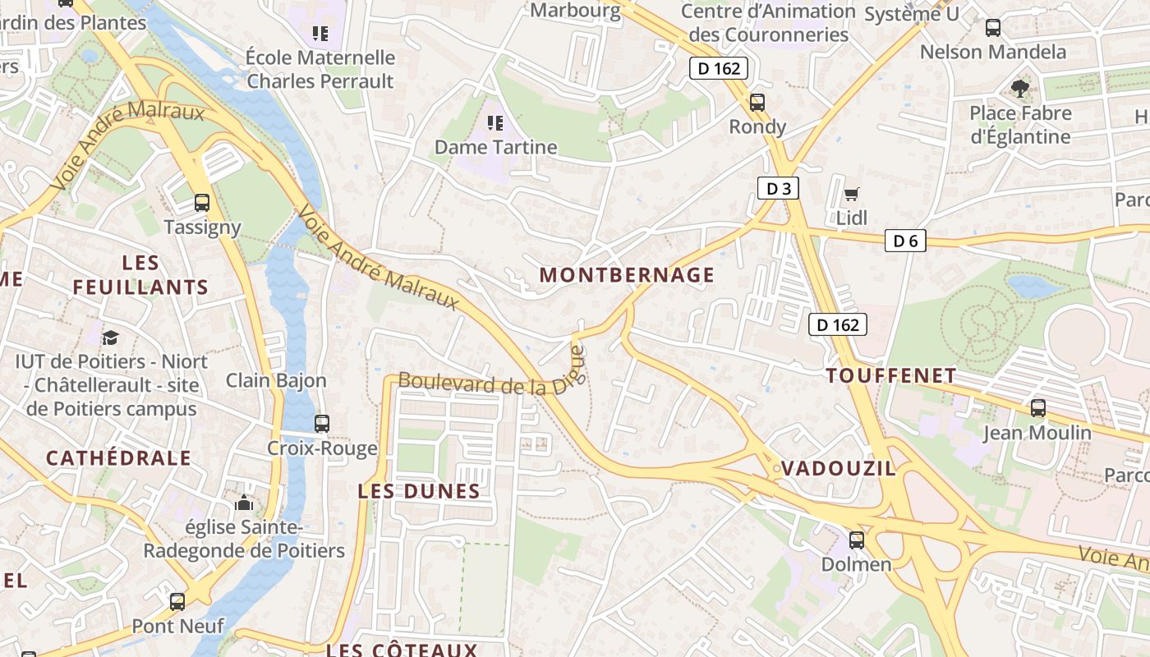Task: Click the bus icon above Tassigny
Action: tap(201, 202)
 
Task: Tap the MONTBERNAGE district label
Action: tap(627, 275)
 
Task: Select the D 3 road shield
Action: tap(777, 189)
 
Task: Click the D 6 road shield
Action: tap(905, 241)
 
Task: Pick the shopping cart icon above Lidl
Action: tap(852, 195)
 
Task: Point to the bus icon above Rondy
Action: tap(757, 103)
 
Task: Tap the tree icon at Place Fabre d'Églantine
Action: tap(1020, 88)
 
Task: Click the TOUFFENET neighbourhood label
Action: tap(891, 376)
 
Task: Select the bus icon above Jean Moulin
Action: tap(1037, 407)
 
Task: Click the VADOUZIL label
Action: tap(838, 469)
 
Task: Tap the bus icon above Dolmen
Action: tap(857, 540)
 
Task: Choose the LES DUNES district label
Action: tap(419, 492)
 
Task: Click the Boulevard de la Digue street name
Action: tap(485, 384)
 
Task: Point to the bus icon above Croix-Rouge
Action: tap(322, 424)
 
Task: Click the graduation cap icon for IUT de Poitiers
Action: tap(110, 338)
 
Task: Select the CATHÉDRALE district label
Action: tap(118, 458)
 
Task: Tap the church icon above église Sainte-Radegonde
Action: tap(244, 503)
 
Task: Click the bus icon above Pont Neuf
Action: tap(177, 601)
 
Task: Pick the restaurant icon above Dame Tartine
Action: tap(495, 123)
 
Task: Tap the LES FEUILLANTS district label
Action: tap(140, 275)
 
